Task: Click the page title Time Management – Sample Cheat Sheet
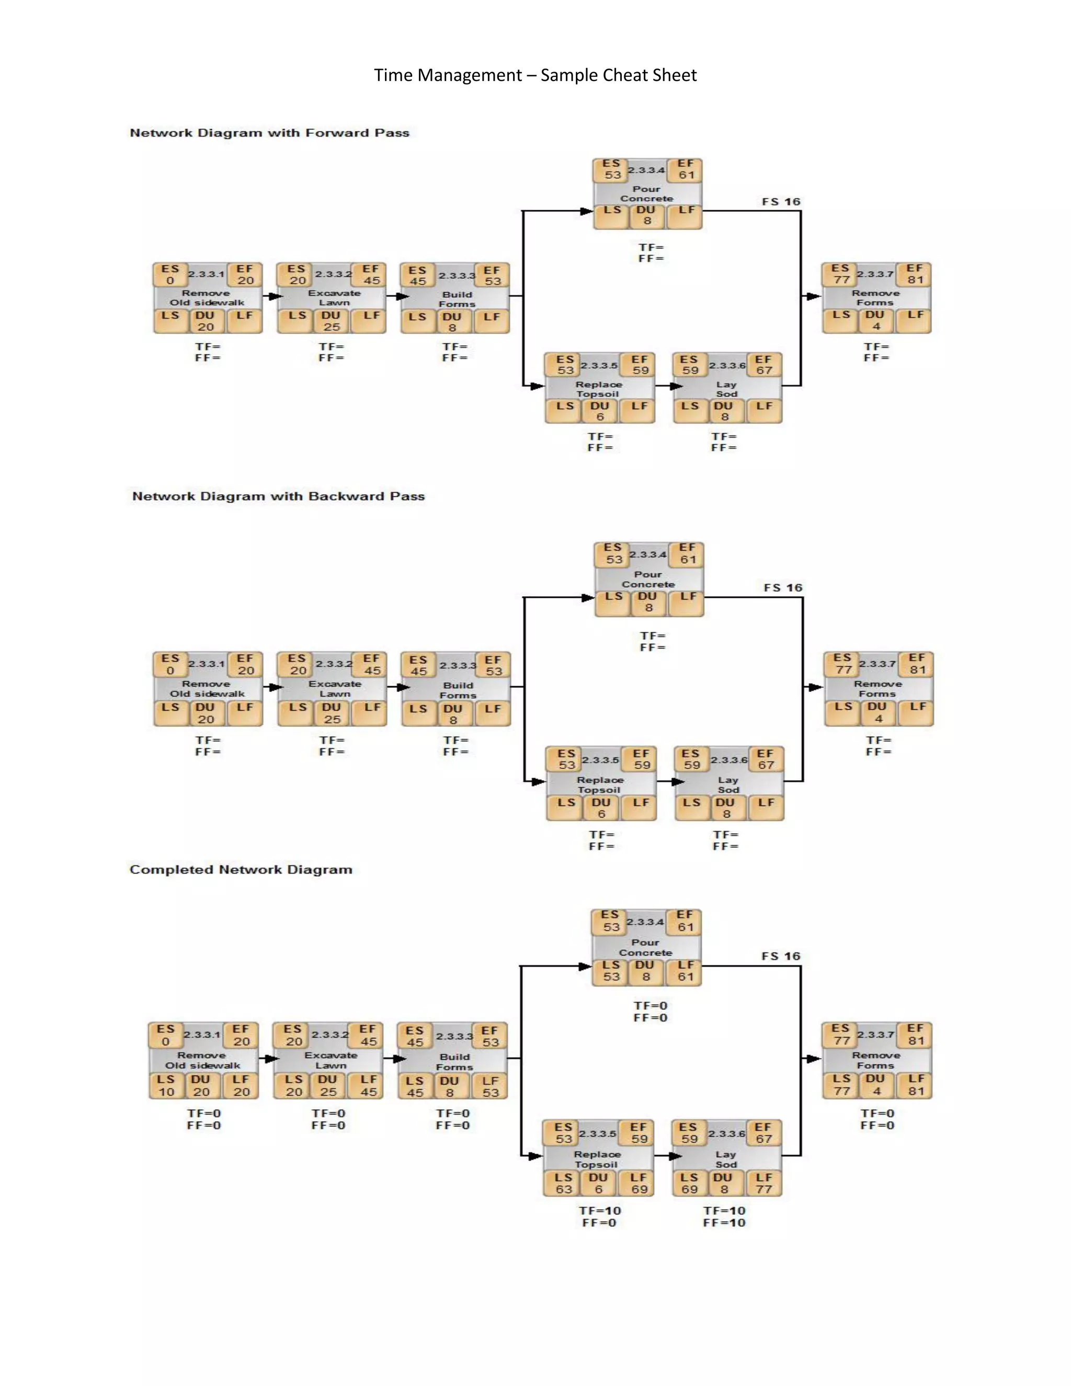pos(535,75)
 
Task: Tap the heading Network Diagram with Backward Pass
pos(278,496)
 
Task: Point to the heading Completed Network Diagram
pos(241,869)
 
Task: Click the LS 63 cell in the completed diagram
pos(563,1184)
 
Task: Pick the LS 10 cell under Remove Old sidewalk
pos(166,1086)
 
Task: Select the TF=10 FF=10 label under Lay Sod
pos(724,1217)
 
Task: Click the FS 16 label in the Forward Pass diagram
pos(781,202)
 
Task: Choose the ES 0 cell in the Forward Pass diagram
pos(170,275)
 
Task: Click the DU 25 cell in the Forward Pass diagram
pos(331,321)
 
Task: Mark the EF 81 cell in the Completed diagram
pos(915,1035)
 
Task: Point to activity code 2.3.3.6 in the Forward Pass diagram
pos(727,366)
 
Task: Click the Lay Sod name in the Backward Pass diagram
pos(728,785)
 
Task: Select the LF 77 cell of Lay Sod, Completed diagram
pos(764,1184)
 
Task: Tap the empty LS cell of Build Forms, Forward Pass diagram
pos(417,322)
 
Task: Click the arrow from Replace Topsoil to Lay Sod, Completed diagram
pos(663,1156)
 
